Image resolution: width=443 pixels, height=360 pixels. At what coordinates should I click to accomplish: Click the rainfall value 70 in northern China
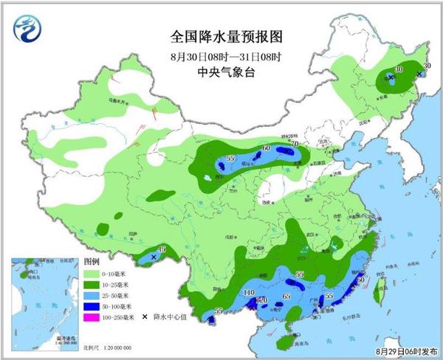pyautogui.click(x=294, y=145)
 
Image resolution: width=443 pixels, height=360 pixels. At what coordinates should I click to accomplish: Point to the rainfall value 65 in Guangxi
pyautogui.click(x=286, y=295)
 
